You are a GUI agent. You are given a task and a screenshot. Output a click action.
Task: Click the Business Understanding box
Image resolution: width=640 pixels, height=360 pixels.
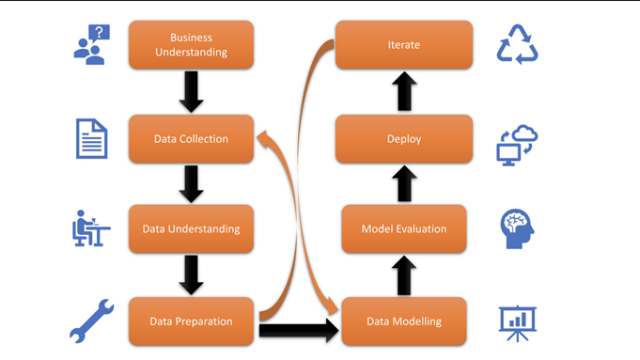pos(192,45)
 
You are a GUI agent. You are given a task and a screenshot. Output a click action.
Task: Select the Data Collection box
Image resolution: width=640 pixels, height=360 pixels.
pos(192,139)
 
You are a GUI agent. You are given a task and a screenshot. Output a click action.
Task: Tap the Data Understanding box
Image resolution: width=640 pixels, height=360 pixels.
pos(192,228)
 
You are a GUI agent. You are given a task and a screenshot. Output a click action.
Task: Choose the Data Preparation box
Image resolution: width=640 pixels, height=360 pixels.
pos(192,321)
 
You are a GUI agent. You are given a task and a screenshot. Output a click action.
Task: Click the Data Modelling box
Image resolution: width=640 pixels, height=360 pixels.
pos(404,321)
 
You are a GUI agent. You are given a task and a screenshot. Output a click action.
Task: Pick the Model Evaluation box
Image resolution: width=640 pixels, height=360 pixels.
pos(404,228)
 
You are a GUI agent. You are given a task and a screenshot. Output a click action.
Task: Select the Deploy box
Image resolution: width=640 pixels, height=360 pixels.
pos(404,139)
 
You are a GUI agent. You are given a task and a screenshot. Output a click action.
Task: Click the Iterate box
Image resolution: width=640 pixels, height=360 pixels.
pos(404,45)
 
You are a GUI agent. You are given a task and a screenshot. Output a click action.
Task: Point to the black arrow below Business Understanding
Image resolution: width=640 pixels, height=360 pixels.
pos(192,92)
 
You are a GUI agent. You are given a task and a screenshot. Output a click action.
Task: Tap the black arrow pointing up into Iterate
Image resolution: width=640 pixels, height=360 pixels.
pos(404,92)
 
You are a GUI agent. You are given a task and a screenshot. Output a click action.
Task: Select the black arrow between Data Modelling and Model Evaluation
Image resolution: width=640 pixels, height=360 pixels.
pos(404,274)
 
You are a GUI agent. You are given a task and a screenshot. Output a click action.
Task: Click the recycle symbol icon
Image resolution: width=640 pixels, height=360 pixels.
pos(517,44)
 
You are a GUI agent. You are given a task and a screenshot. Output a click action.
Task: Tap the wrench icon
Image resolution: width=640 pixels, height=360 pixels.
pos(92,321)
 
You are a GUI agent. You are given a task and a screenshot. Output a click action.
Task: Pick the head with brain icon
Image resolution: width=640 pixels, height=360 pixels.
pos(517,228)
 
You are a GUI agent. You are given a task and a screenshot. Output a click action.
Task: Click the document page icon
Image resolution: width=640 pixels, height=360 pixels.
pos(91,139)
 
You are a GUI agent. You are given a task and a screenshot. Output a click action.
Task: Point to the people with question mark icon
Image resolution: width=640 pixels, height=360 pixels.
pos(92,44)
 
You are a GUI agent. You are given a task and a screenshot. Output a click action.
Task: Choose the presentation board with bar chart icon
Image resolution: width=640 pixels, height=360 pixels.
pos(517,321)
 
